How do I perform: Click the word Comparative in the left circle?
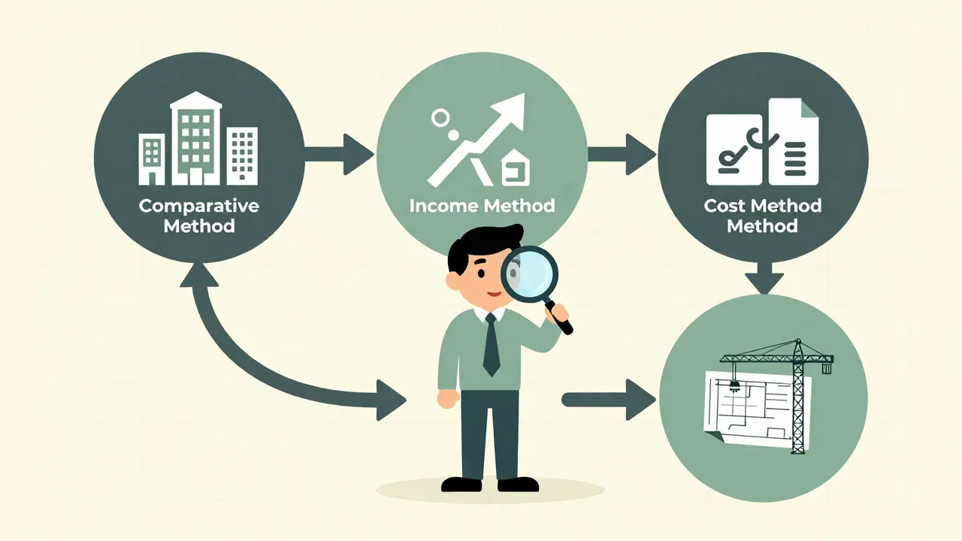coord(199,206)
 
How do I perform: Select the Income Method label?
coord(482,205)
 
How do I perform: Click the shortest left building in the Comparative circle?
coord(152,159)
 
